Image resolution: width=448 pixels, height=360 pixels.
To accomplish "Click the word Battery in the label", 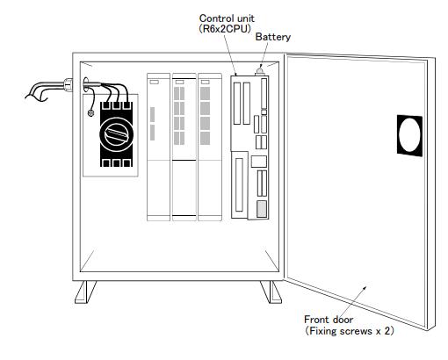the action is coord(273,37).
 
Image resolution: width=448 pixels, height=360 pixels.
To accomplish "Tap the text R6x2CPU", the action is coord(225,29).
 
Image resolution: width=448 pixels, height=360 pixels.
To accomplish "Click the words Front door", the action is coord(329,320).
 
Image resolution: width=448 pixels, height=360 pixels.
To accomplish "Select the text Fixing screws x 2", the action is coord(350,331).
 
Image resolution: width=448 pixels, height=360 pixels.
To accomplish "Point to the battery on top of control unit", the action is coord(260,71).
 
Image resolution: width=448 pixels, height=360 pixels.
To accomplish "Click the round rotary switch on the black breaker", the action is coord(117,134).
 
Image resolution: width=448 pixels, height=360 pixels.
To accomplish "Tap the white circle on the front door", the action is coord(409,135).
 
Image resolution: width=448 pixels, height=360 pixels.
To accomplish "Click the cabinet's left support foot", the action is coord(85,292).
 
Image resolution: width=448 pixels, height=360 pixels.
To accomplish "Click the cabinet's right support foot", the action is coord(271,292).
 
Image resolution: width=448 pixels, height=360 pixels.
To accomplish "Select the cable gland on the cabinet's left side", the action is coord(68,84).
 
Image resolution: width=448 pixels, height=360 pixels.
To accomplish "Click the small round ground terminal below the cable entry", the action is coord(90,112).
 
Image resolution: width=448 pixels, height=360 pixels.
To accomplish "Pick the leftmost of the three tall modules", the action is coord(158,147).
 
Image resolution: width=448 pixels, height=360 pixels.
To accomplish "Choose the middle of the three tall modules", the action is coord(184,147).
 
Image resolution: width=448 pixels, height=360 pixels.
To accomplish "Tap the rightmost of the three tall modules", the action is coord(210,147).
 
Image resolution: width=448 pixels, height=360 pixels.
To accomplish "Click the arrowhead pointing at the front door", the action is coord(364,289).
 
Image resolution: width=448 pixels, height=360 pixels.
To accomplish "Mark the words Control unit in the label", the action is coord(227,18).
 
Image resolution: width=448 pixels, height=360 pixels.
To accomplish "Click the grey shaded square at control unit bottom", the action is coord(262,209).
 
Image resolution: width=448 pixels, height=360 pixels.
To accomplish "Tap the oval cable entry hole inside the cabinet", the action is coord(85,85).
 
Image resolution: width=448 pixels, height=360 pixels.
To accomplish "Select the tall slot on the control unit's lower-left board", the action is coord(239,184).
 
